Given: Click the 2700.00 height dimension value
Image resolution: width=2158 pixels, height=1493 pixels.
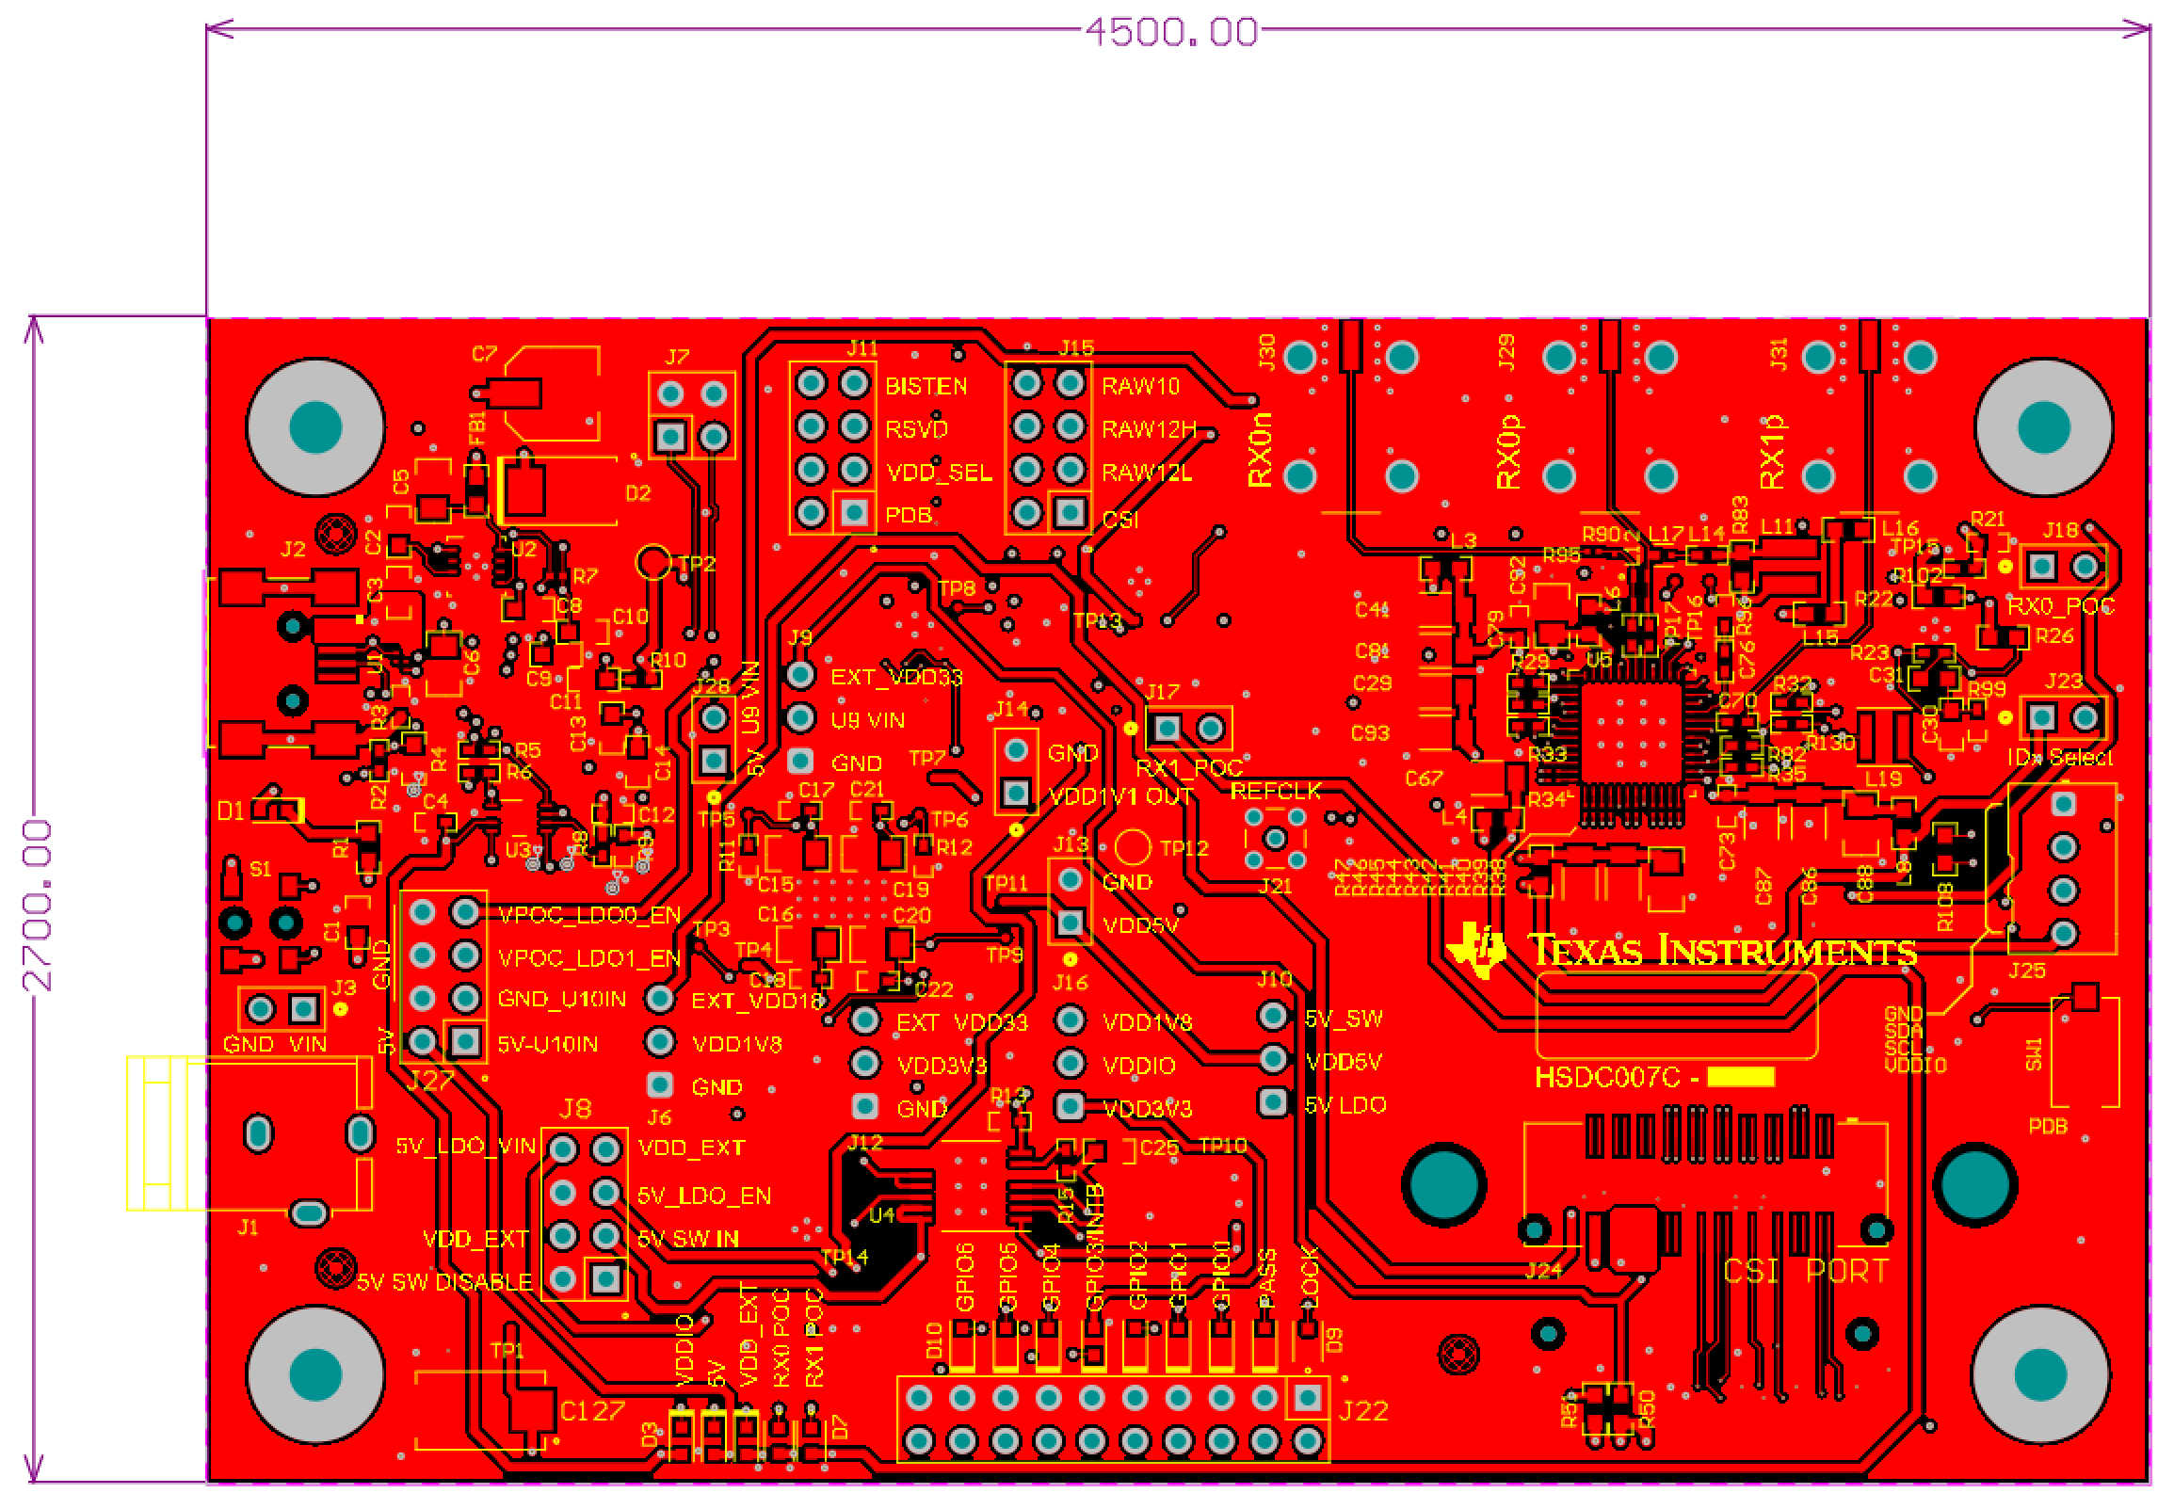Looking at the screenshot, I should coord(38,905).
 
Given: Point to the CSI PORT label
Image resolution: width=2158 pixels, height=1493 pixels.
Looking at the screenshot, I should coord(1805,1271).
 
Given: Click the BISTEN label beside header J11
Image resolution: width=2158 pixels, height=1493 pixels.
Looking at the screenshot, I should coord(926,386).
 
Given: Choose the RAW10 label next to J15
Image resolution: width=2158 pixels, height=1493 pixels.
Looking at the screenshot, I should coord(1140,386).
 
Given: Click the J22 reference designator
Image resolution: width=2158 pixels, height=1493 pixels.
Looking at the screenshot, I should coord(1362,1411).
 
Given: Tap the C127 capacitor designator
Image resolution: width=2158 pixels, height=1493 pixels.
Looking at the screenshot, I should coord(591,1411).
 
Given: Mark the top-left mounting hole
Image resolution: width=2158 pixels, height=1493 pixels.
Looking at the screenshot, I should coord(315,426).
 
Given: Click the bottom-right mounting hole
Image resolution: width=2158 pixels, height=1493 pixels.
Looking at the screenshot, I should coord(2040,1374).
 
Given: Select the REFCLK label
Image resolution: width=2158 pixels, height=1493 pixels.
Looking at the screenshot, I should coord(1275,791).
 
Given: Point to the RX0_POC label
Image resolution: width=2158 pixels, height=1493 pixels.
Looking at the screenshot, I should coord(2060,606).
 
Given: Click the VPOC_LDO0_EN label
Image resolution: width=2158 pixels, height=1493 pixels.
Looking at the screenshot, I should coord(588,915).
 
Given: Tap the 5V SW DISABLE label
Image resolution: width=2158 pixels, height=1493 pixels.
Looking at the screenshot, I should coord(443,1282).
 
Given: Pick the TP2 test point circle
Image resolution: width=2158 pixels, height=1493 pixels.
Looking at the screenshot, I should coord(653,562).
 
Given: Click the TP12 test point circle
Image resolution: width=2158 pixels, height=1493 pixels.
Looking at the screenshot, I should coord(1133,847).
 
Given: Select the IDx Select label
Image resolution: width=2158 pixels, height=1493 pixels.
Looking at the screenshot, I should coord(2059,758).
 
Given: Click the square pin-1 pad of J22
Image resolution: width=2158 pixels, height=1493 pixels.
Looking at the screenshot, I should coord(1307,1398).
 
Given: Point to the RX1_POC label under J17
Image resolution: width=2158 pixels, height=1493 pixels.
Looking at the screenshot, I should coord(1188,768).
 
